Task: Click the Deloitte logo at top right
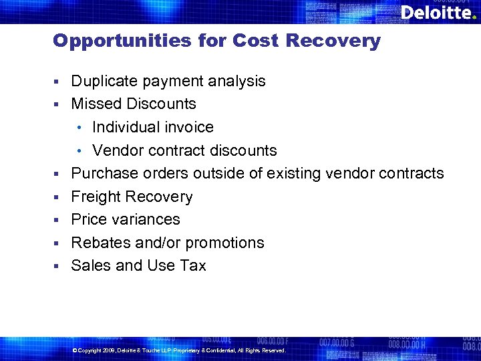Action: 438,13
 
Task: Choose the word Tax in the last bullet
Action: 193,266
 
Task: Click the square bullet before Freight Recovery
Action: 58,197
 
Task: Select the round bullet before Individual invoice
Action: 80,128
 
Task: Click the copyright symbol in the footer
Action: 73,350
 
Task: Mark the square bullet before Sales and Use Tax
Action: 58,266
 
